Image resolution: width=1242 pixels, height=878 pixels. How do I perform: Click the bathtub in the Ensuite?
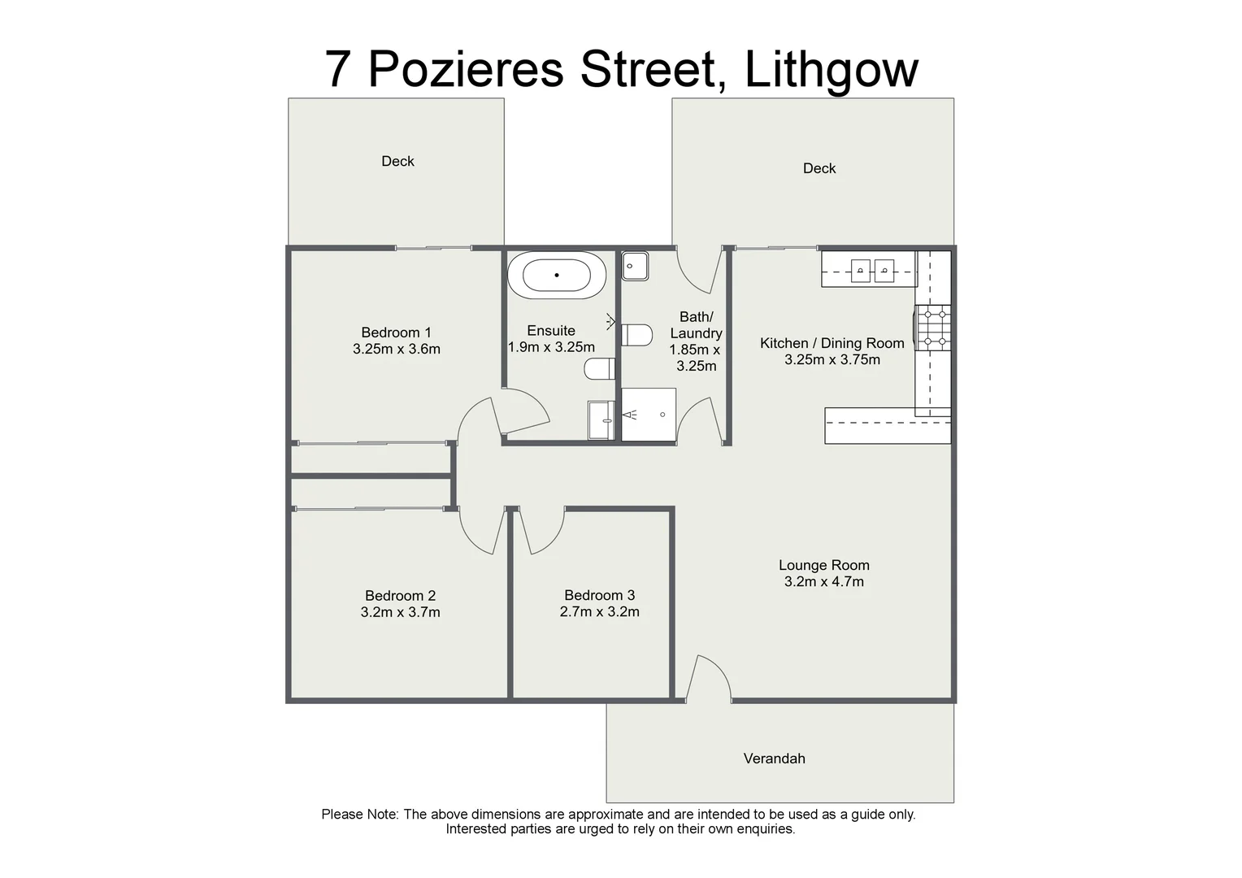(557, 276)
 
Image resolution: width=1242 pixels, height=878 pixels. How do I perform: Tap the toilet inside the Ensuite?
(600, 369)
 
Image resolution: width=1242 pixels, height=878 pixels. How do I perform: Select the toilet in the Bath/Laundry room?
(637, 334)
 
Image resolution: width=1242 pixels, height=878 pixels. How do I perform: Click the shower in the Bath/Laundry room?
(649, 415)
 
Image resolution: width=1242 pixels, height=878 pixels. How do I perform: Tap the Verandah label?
(774, 758)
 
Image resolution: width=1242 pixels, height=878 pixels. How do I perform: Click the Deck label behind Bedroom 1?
(397, 161)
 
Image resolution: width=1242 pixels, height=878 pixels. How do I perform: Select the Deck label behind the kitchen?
(819, 168)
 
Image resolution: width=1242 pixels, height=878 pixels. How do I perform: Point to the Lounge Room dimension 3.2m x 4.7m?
(823, 582)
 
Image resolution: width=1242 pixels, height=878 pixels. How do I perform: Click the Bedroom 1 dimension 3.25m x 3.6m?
(396, 350)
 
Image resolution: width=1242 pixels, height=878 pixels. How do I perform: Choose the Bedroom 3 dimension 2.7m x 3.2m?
(599, 612)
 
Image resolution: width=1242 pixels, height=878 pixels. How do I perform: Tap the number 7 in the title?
(339, 70)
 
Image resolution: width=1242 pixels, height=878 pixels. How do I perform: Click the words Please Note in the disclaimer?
(359, 814)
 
